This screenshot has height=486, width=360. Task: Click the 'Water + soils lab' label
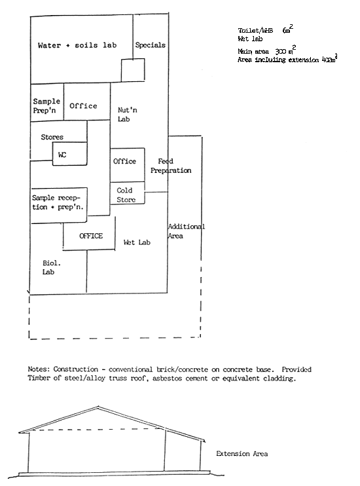click(77, 46)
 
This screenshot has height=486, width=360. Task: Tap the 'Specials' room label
click(150, 45)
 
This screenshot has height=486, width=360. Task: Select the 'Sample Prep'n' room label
click(46, 105)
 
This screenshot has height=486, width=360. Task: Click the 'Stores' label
click(52, 137)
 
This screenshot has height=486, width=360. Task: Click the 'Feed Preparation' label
click(171, 166)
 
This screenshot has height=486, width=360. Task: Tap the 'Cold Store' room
click(126, 195)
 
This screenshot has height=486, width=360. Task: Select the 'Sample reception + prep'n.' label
click(59, 202)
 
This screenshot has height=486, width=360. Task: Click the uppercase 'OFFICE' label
click(91, 236)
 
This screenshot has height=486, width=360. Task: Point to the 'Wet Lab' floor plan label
click(137, 242)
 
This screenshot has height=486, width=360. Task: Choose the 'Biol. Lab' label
click(52, 267)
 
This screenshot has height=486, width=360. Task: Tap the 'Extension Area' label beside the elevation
click(242, 453)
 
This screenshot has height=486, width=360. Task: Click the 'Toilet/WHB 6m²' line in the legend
click(264, 31)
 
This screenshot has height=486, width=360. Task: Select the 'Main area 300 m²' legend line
click(267, 50)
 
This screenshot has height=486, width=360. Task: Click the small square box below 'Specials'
click(133, 70)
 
